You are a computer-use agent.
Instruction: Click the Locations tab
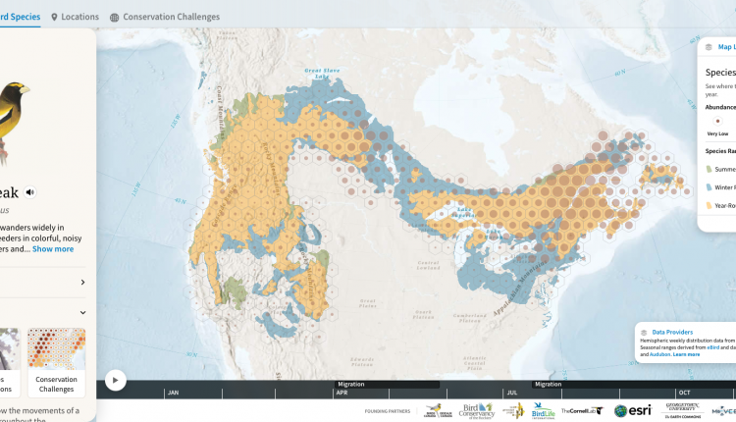[x=79, y=17]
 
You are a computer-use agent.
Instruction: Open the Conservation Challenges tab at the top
[x=165, y=17]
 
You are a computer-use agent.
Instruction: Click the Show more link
[x=53, y=248]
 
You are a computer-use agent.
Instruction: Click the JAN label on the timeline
[x=173, y=393]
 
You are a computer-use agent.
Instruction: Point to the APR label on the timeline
[x=342, y=393]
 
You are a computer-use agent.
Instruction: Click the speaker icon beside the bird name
[x=30, y=192]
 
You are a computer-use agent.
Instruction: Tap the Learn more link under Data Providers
[x=686, y=353]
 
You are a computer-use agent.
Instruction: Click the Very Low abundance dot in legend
[x=717, y=120]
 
